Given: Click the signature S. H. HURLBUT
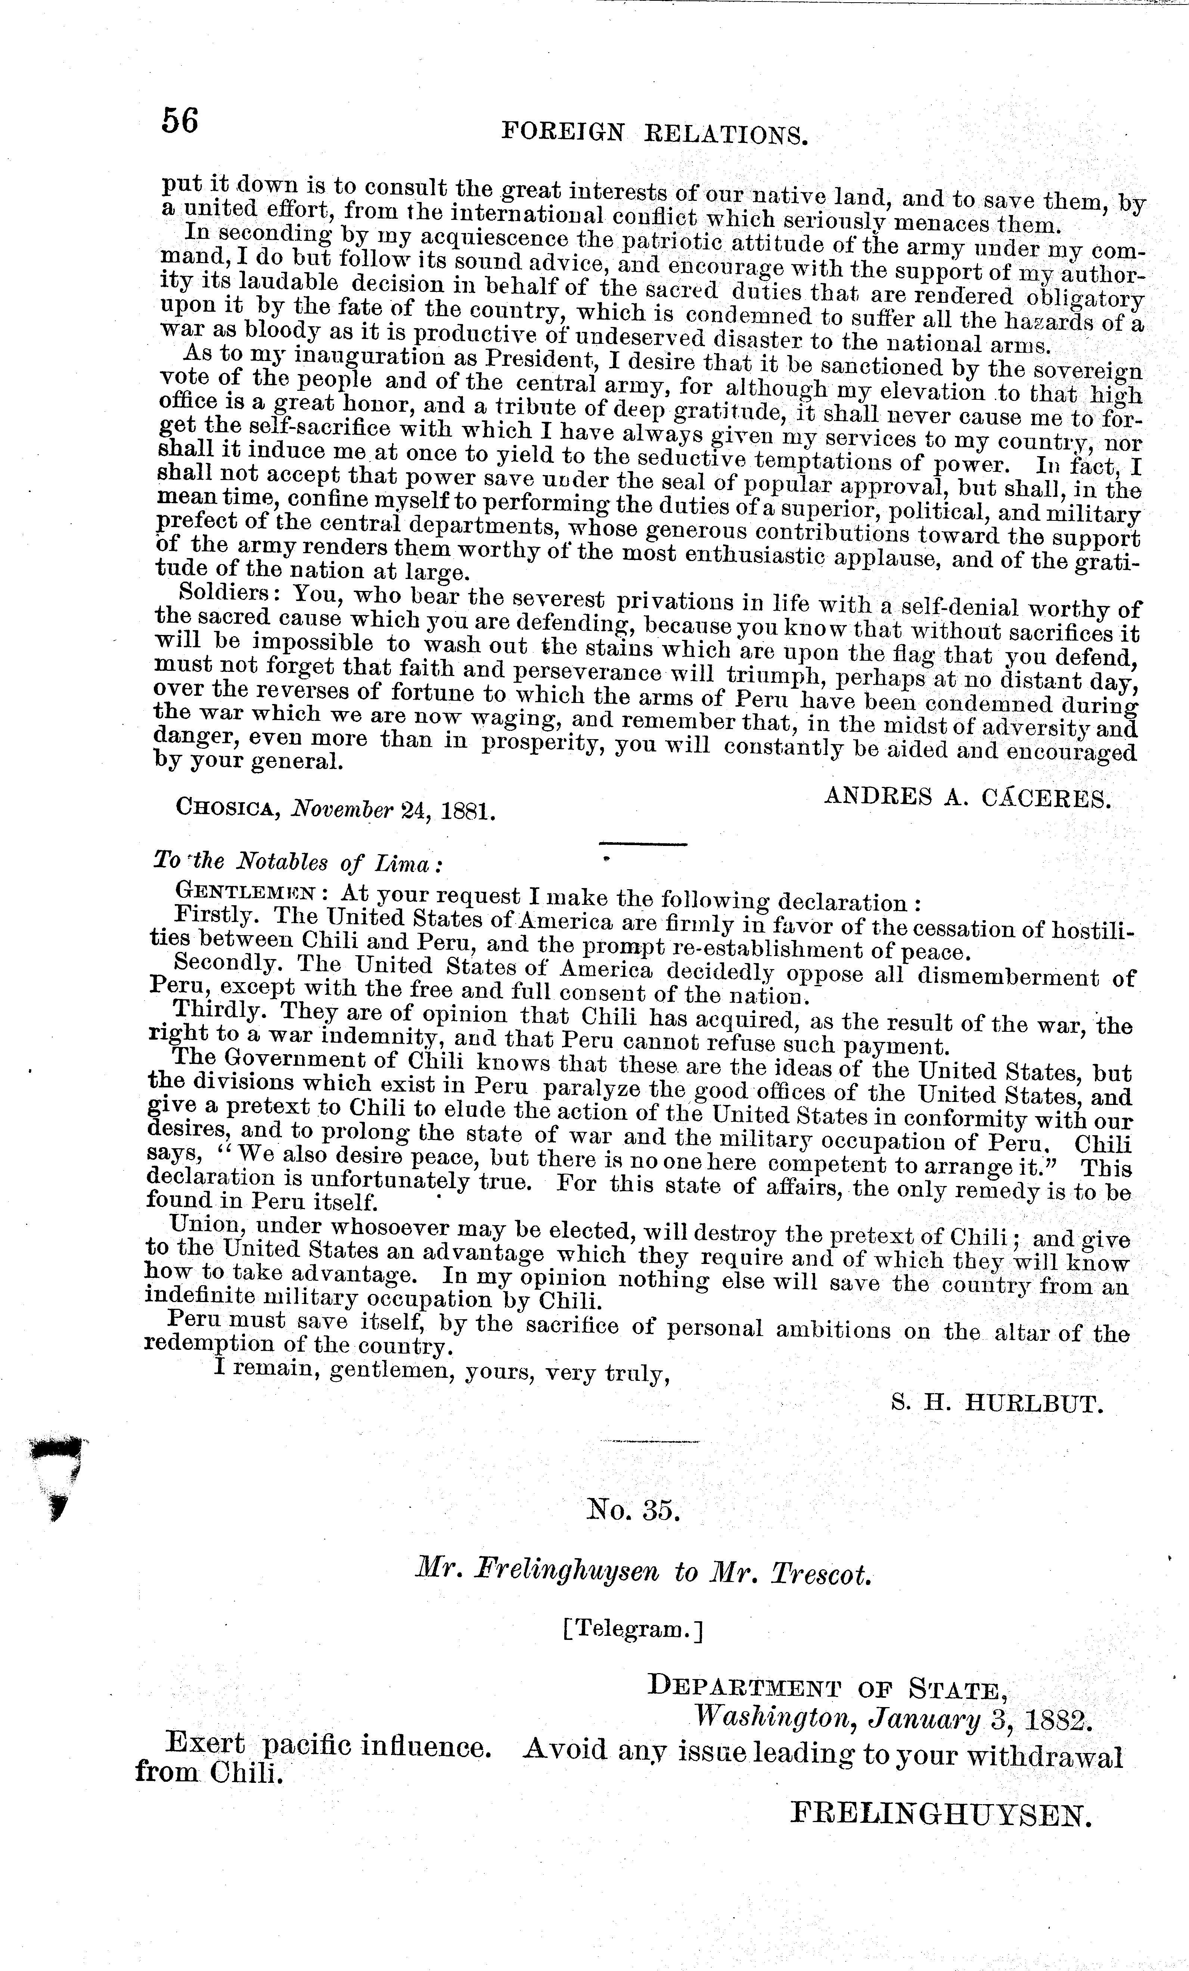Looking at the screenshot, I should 996,1404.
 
